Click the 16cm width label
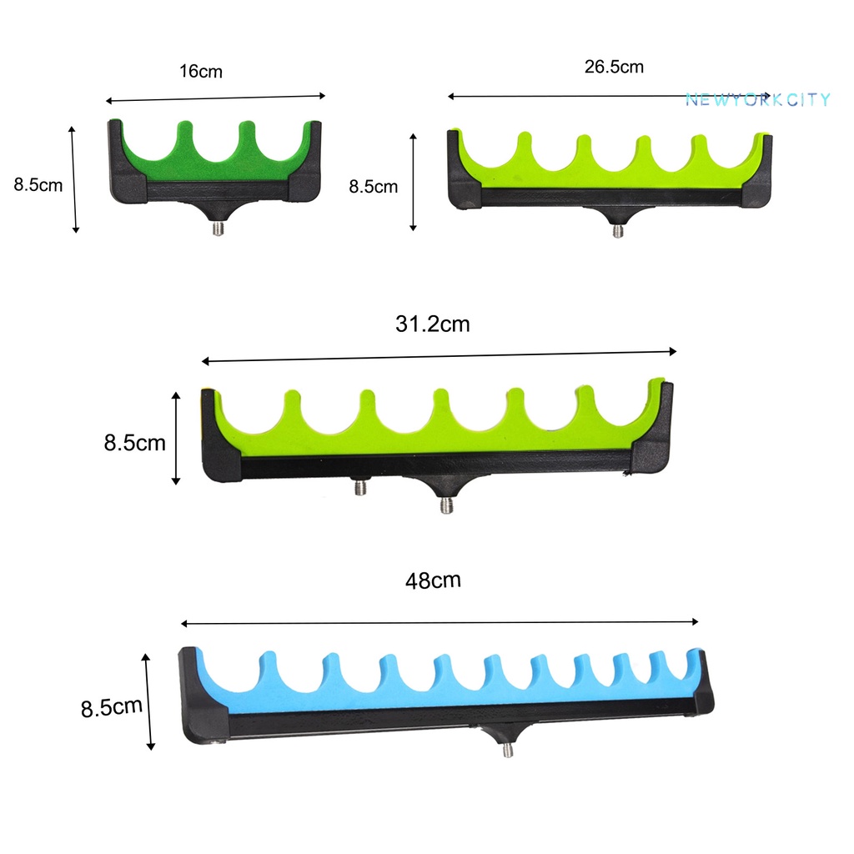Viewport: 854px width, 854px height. tap(201, 72)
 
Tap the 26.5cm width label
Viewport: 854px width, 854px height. tap(614, 67)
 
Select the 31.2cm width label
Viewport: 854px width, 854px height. tap(433, 324)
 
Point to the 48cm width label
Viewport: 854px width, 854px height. tap(433, 580)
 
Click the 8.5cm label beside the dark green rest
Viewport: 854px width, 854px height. tap(38, 184)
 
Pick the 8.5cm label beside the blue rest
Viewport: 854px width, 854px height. tap(112, 707)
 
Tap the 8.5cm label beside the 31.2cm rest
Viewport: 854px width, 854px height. tap(134, 443)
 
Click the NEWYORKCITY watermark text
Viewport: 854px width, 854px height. tap(757, 100)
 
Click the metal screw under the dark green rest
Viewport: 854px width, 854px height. tap(218, 228)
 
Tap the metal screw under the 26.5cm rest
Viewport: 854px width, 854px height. tap(618, 231)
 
